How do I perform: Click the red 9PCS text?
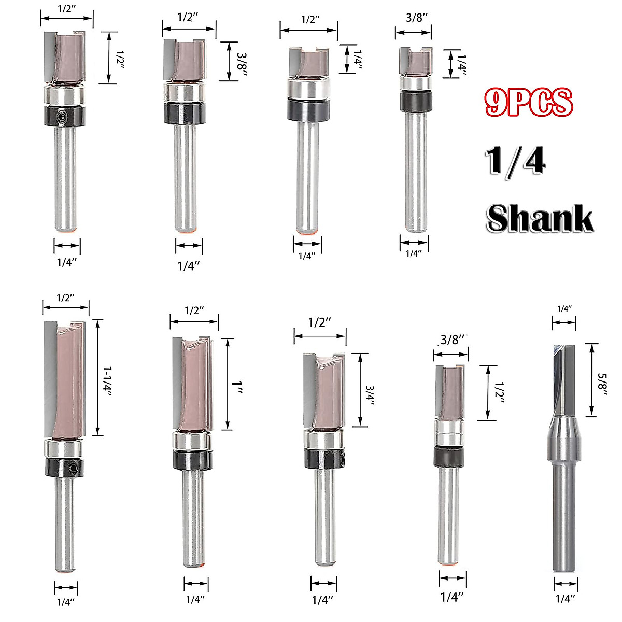pyautogui.click(x=529, y=102)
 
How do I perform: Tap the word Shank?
pyautogui.click(x=539, y=218)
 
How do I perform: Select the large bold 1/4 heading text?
pyautogui.click(x=516, y=161)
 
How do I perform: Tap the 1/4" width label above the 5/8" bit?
pyautogui.click(x=564, y=309)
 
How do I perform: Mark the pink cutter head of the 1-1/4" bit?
pyautogui.click(x=70, y=381)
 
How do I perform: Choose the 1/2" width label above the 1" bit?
pyautogui.click(x=194, y=310)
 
